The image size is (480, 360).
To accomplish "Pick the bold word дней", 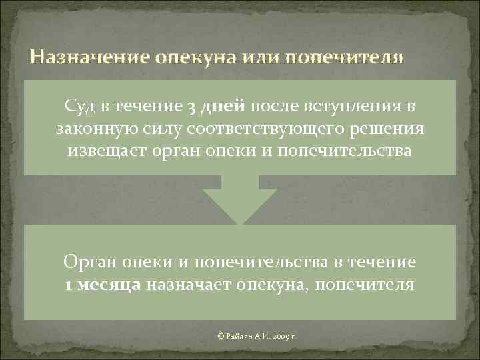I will [222, 106].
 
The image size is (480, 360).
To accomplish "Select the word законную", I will [90, 128].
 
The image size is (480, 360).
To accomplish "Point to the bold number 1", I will [69, 285].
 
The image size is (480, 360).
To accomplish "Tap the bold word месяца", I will [109, 285].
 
